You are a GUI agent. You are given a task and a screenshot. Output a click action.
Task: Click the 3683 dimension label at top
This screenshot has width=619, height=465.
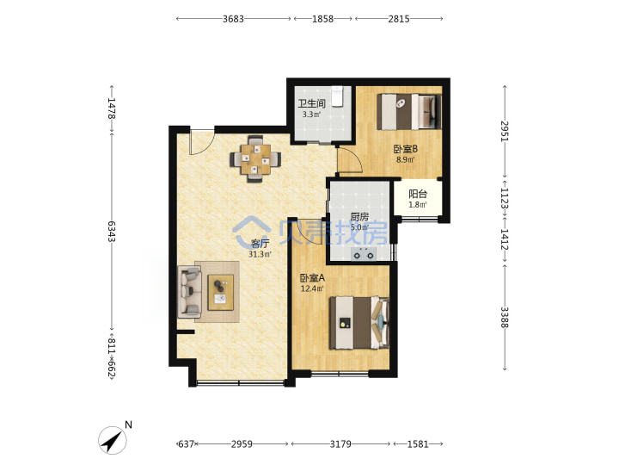point(233,19)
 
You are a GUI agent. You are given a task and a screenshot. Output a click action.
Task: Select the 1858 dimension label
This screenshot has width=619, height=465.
point(323,19)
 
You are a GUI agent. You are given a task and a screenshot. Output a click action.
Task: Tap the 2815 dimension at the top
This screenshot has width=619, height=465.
point(399,19)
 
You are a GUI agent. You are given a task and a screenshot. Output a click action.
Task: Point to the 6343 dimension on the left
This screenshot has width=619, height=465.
point(111,232)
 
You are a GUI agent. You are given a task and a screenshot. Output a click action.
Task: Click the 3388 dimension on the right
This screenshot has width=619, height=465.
point(505,317)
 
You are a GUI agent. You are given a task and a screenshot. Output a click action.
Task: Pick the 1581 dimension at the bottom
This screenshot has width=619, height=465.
point(418,444)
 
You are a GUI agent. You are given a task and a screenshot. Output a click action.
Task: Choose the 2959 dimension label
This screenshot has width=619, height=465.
point(242,444)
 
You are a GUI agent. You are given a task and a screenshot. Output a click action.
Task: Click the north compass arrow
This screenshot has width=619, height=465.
point(112,440)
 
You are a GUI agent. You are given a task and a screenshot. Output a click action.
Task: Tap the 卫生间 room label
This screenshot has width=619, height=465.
point(311,103)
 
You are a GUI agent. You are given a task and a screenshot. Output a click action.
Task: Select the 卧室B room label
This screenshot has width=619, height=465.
point(406,149)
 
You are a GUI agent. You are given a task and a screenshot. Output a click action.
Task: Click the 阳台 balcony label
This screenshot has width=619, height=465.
point(418,194)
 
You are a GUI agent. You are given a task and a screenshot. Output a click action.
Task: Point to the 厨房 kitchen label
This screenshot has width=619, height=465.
point(359,217)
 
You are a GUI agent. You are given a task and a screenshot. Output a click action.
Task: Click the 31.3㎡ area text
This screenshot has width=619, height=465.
point(260,254)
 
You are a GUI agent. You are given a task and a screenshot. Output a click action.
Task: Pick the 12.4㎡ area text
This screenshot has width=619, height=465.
point(312,288)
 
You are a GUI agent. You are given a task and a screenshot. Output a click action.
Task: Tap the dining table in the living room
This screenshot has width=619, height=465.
point(256,158)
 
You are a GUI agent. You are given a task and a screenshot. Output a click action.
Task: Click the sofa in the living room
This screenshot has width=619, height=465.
point(189,292)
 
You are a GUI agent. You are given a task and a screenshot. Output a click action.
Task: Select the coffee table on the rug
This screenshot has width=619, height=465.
point(221,293)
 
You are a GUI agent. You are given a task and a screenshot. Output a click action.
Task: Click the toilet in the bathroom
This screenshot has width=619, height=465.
point(338,96)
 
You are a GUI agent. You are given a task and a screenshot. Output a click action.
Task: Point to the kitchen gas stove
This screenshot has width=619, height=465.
point(364,254)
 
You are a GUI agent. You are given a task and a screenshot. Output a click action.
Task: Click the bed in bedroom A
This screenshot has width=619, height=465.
point(359,323)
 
